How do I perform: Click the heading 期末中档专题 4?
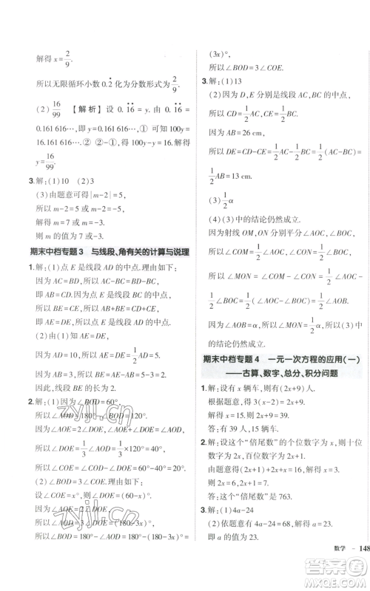[x=235, y=360]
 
